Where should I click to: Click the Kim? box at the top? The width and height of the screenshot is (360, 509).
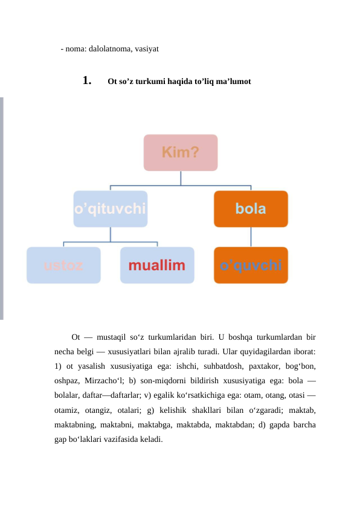(x=180, y=152)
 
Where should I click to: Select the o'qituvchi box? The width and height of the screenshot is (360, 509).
(x=110, y=209)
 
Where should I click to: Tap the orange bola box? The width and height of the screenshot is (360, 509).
(x=251, y=209)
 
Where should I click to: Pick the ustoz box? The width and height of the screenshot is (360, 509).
(x=63, y=265)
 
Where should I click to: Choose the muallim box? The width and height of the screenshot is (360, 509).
(x=157, y=265)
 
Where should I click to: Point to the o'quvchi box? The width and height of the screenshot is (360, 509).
(x=251, y=265)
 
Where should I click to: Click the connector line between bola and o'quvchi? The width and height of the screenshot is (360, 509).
(x=251, y=237)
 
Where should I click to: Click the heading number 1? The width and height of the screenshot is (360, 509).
(x=87, y=80)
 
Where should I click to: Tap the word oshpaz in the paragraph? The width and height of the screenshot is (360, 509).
(x=66, y=381)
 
